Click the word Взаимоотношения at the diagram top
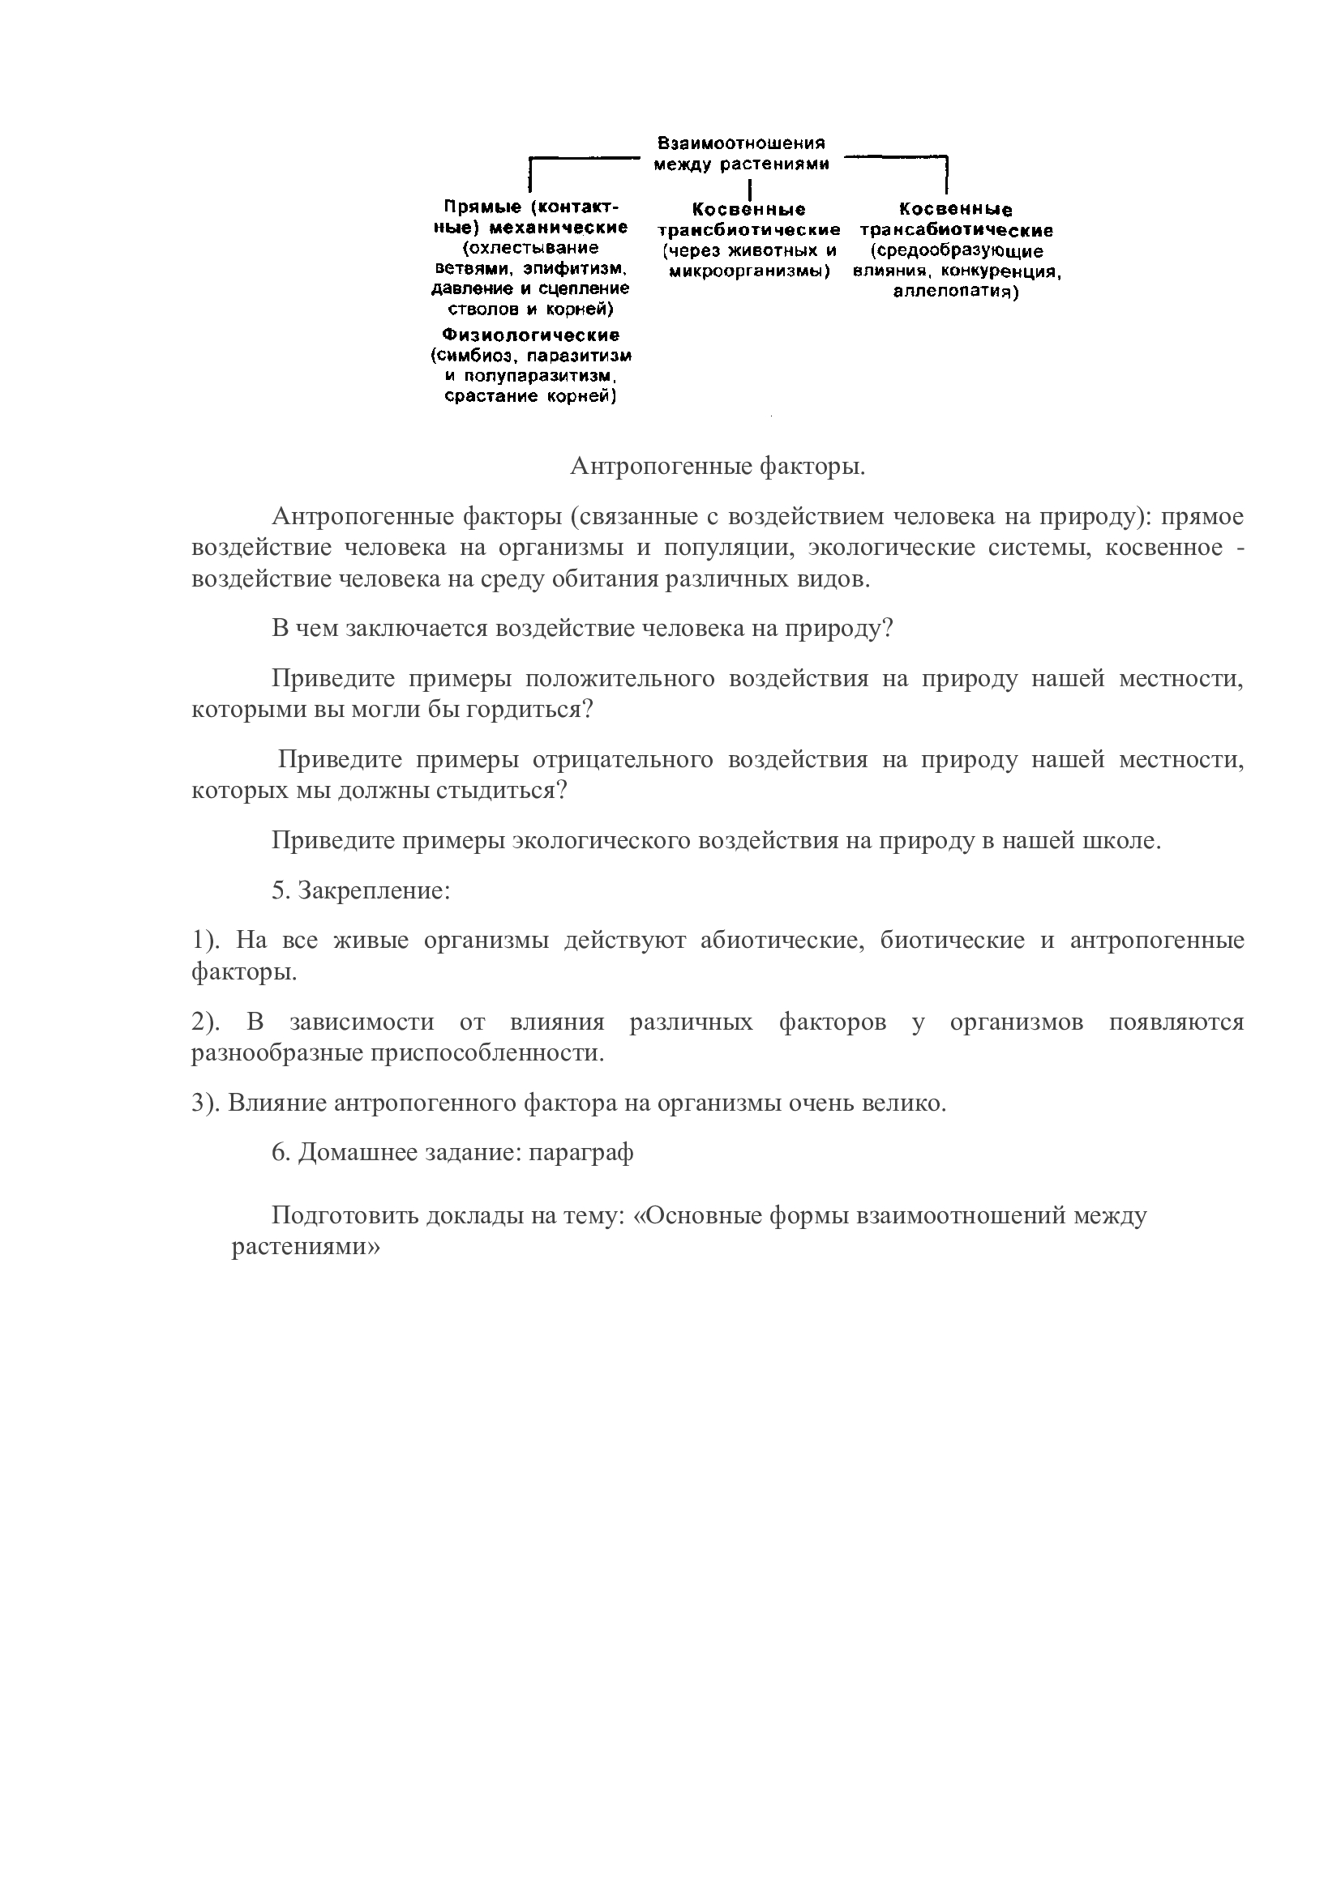click(x=741, y=143)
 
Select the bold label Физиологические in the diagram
click(x=530, y=335)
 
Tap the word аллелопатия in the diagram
click(x=955, y=292)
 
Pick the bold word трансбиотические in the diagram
click(x=749, y=229)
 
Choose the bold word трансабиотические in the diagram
click(x=956, y=230)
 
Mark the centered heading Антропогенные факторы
click(x=718, y=467)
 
